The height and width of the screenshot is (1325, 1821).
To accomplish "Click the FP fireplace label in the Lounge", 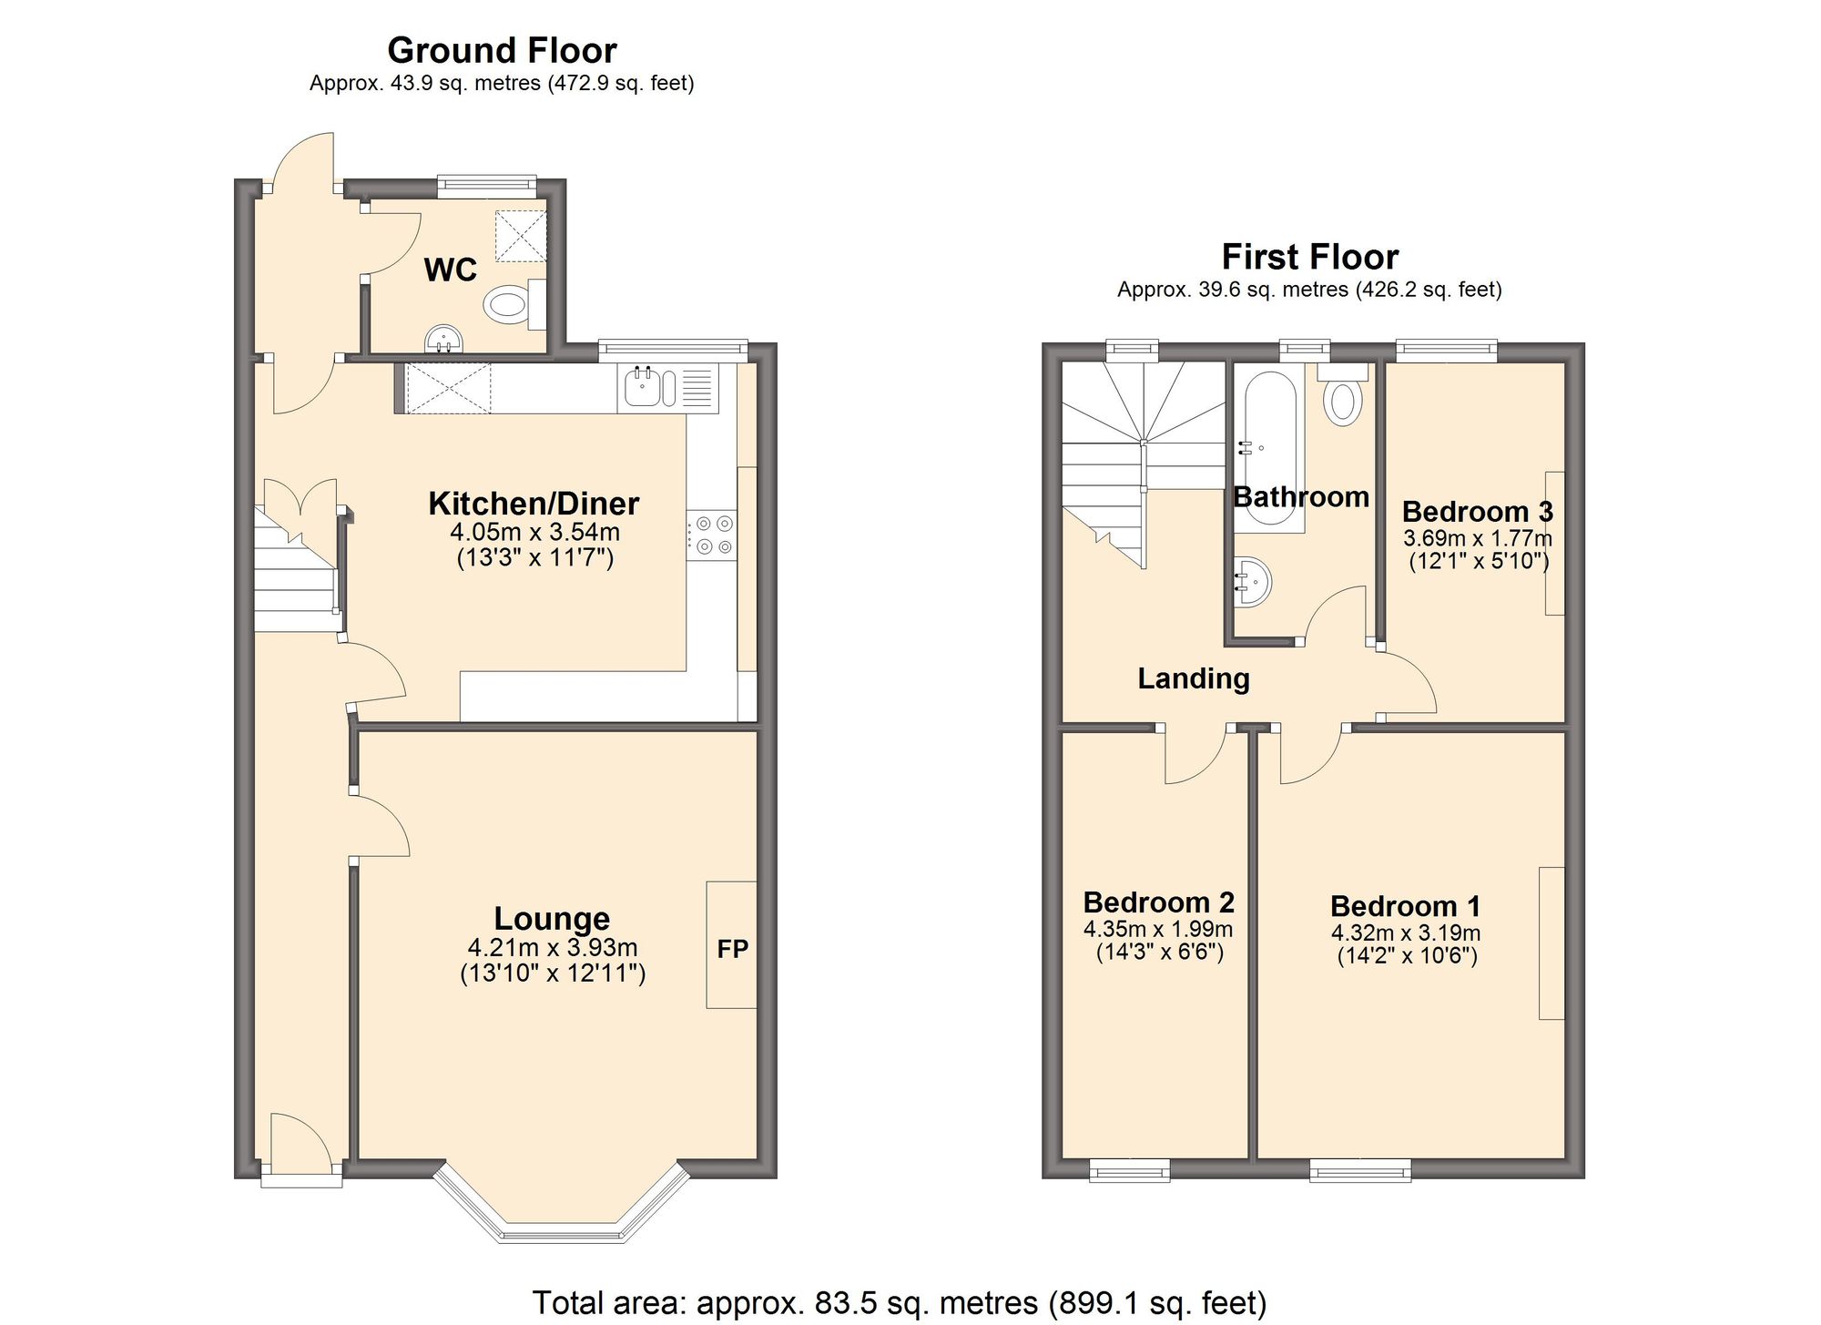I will point(732,949).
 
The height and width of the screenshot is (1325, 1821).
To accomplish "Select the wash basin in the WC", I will point(443,339).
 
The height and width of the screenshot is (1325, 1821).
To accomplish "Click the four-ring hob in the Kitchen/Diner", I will point(712,535).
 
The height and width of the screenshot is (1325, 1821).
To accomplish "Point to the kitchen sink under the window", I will point(643,387).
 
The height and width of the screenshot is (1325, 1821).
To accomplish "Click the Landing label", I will point(1193,678).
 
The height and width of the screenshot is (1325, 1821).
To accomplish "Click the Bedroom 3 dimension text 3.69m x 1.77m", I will point(1477,538).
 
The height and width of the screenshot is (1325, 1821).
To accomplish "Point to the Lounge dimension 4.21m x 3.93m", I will point(552,947).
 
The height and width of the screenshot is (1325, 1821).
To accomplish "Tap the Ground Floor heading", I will point(502,50).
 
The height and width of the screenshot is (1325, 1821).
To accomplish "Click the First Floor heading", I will point(1309,257).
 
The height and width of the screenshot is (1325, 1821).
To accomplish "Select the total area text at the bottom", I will point(899,1302).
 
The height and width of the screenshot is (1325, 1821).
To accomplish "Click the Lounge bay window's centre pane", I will point(560,1234).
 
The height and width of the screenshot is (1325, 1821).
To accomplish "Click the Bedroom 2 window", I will point(1129,1170).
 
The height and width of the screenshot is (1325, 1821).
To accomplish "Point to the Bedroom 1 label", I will point(1405,906).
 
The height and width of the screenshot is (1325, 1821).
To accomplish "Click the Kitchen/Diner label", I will point(534,504).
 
